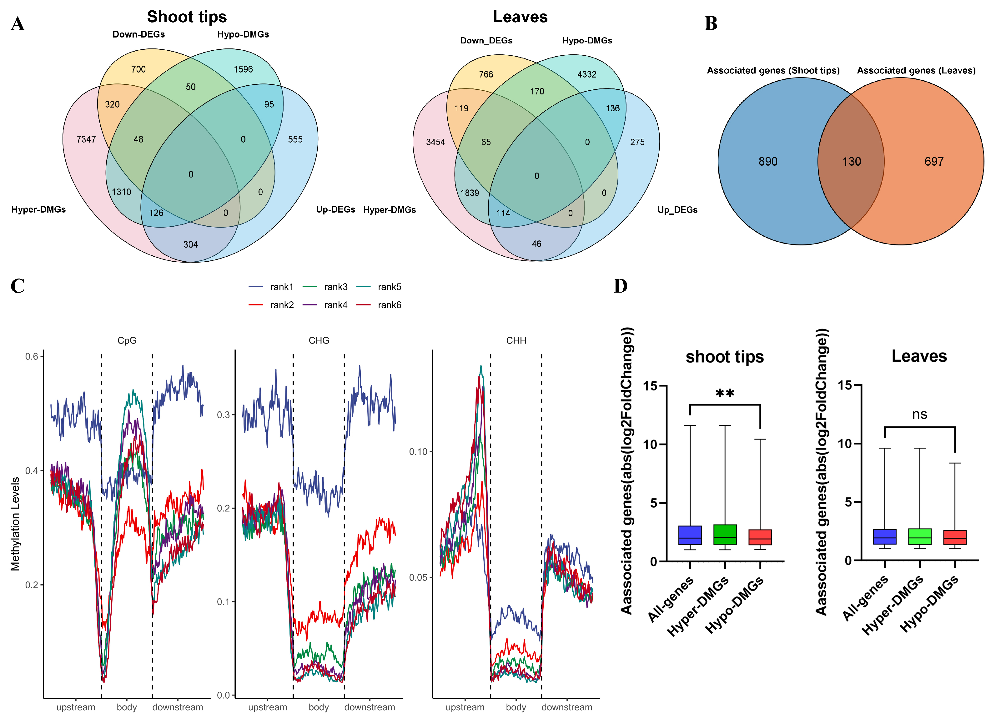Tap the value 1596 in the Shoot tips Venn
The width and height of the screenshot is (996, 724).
pyautogui.click(x=243, y=69)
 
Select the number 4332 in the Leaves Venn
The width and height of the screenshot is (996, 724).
pyautogui.click(x=587, y=75)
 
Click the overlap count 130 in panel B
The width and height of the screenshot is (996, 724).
pyautogui.click(x=852, y=162)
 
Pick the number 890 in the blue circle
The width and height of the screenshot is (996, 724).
pyautogui.click(x=768, y=162)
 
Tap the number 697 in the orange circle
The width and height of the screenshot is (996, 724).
pyautogui.click(x=934, y=162)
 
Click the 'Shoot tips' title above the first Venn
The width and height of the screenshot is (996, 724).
pyautogui.click(x=187, y=17)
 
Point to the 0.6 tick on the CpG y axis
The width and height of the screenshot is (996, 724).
pyautogui.click(x=32, y=356)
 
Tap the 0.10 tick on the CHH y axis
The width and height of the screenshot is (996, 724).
pyautogui.click(x=418, y=452)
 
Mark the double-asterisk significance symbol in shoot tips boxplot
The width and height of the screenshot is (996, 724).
pyautogui.click(x=725, y=393)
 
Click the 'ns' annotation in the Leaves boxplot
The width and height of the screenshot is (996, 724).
pyautogui.click(x=920, y=415)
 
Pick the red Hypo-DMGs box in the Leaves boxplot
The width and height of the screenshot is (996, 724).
pyautogui.click(x=955, y=537)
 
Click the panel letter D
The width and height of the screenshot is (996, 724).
pyautogui.click(x=620, y=286)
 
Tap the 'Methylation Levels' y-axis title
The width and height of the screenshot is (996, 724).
pyautogui.click(x=15, y=524)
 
